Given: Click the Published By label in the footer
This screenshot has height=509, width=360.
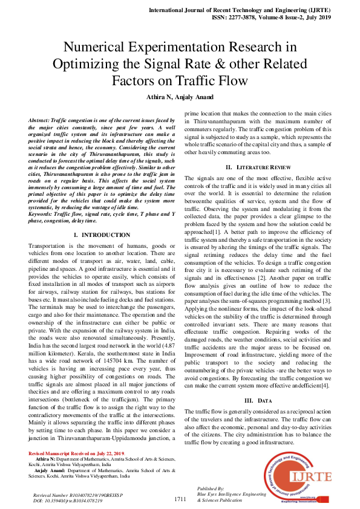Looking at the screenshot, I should pos(211,487).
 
